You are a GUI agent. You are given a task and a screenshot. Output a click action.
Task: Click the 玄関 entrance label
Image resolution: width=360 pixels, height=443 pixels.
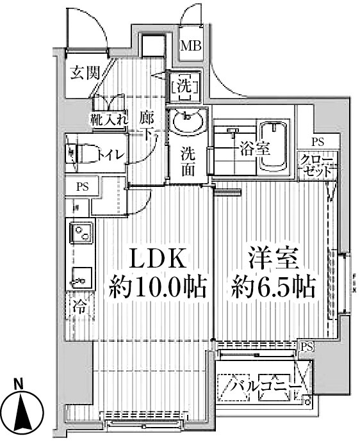click(x=85, y=72)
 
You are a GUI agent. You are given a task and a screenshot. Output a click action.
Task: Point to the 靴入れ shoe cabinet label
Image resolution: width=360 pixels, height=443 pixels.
click(x=108, y=118)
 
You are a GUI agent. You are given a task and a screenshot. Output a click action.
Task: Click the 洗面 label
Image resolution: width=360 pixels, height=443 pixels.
click(x=187, y=163)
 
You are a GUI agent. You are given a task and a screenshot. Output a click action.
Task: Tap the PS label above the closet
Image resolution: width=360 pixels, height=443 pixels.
click(x=318, y=142)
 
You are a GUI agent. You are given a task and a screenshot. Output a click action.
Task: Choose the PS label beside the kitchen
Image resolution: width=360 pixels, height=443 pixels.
click(x=83, y=187)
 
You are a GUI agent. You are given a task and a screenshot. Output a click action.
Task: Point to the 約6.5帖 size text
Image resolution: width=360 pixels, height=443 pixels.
click(x=274, y=288)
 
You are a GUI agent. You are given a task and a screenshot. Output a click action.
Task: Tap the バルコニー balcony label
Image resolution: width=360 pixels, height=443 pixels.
click(x=265, y=388)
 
